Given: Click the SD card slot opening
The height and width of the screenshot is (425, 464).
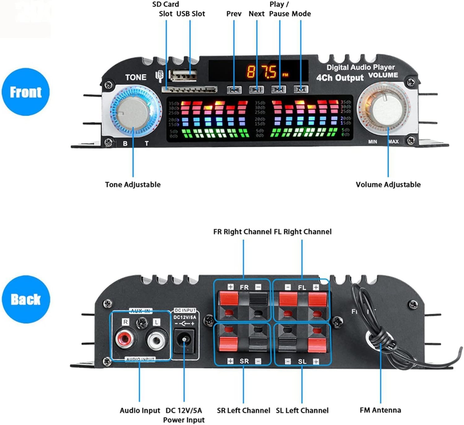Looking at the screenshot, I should (x=189, y=90).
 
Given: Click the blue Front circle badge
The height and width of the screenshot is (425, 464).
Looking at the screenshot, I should (x=26, y=92).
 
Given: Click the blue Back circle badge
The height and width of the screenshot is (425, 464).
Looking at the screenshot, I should (x=26, y=299).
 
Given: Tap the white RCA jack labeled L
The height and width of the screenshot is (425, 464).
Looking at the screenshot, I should (x=157, y=340).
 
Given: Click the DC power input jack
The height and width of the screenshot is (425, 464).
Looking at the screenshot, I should (x=185, y=341).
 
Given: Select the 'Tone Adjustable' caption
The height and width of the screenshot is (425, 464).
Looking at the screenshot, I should (x=133, y=185).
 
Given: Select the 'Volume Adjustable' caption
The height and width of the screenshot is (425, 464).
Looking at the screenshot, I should (x=388, y=185).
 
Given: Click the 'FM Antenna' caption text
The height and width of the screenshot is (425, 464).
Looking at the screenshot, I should (x=380, y=410).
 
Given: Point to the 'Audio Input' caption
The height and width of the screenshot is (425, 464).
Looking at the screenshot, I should (x=140, y=410).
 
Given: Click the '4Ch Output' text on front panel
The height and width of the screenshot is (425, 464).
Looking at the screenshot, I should (x=340, y=78).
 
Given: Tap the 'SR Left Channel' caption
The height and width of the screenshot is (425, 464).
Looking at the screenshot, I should (x=243, y=410).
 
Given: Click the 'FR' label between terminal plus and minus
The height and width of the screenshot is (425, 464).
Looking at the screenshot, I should (x=244, y=287).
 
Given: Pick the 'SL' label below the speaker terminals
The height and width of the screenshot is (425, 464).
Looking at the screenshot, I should (x=302, y=362).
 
